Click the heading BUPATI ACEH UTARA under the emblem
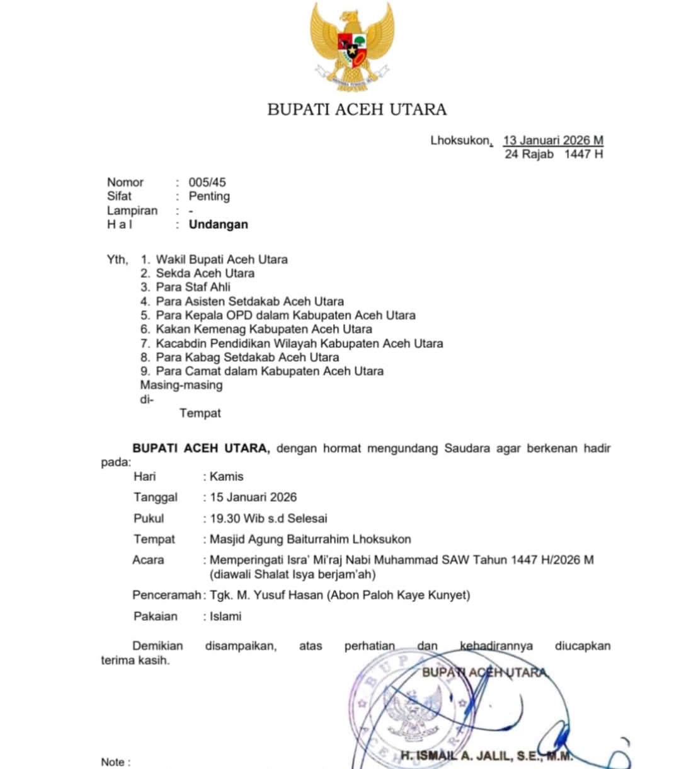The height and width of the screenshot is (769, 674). (357, 110)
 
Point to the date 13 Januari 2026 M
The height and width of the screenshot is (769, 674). (552, 140)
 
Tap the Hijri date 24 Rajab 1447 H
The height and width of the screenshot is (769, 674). (553, 154)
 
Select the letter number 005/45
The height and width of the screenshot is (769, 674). (207, 182)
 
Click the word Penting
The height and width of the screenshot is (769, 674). (209, 196)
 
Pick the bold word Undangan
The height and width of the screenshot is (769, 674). (218, 224)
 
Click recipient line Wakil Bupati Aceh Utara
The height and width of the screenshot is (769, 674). (222, 259)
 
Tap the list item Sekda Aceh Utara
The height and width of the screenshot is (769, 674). (205, 273)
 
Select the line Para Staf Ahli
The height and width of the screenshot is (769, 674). (193, 287)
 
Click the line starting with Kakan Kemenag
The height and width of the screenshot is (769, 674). (263, 329)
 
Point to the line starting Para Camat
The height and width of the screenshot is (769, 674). (270, 371)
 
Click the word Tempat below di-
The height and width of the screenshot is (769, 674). (200, 413)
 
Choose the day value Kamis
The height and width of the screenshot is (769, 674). (226, 477)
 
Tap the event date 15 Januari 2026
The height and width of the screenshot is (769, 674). (253, 497)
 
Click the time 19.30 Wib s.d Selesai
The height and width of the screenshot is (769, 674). (268, 518)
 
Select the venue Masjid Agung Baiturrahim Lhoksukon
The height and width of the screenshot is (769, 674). (310, 539)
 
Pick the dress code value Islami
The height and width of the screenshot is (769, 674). (226, 616)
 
